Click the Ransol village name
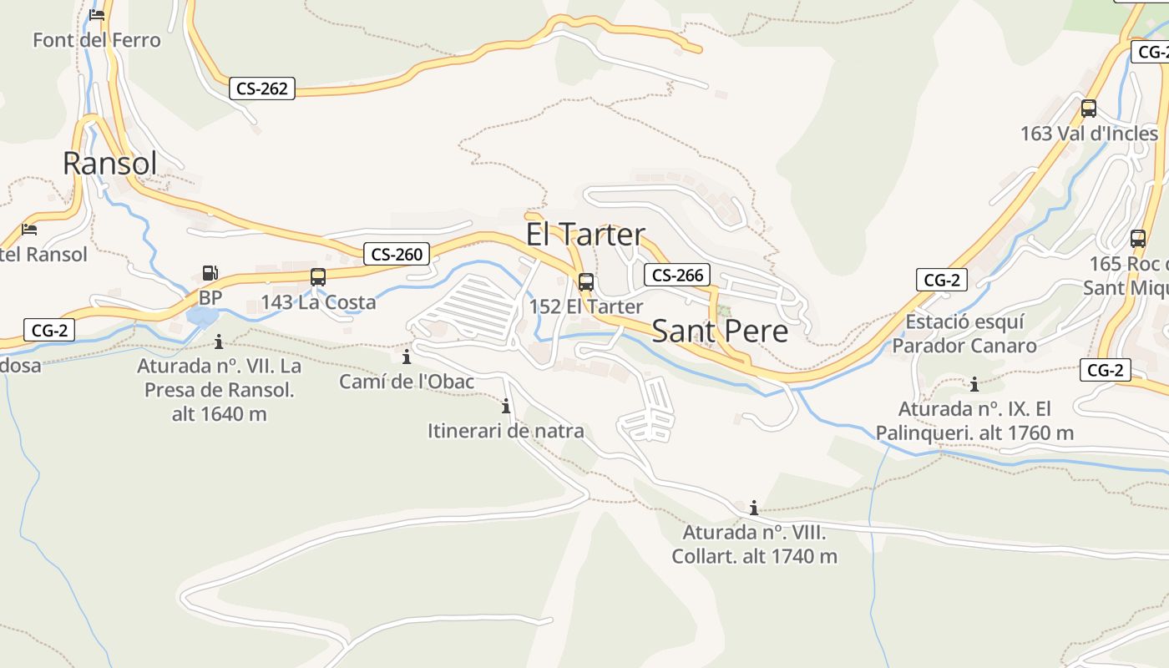pos(109,163)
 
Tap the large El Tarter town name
pos(585,235)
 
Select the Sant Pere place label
pos(719,331)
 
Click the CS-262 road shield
pos(262,89)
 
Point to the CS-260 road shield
pos(397,254)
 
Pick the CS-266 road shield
pos(676,275)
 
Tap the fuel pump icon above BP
pos(210,273)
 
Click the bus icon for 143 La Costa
pos(317,277)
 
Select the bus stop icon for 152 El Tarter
pos(586,282)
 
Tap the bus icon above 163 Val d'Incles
pos(1089,109)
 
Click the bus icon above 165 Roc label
pos(1137,239)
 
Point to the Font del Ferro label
pos(96,39)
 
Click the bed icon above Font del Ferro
pos(97,14)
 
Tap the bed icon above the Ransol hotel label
pos(30,229)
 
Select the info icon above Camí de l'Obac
pos(407,357)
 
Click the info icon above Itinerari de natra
pos(505,407)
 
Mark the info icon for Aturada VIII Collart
pos(753,508)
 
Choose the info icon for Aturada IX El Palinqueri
pos(974,385)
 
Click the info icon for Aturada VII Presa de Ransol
pos(219,342)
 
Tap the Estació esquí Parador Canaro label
pos(964,333)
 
